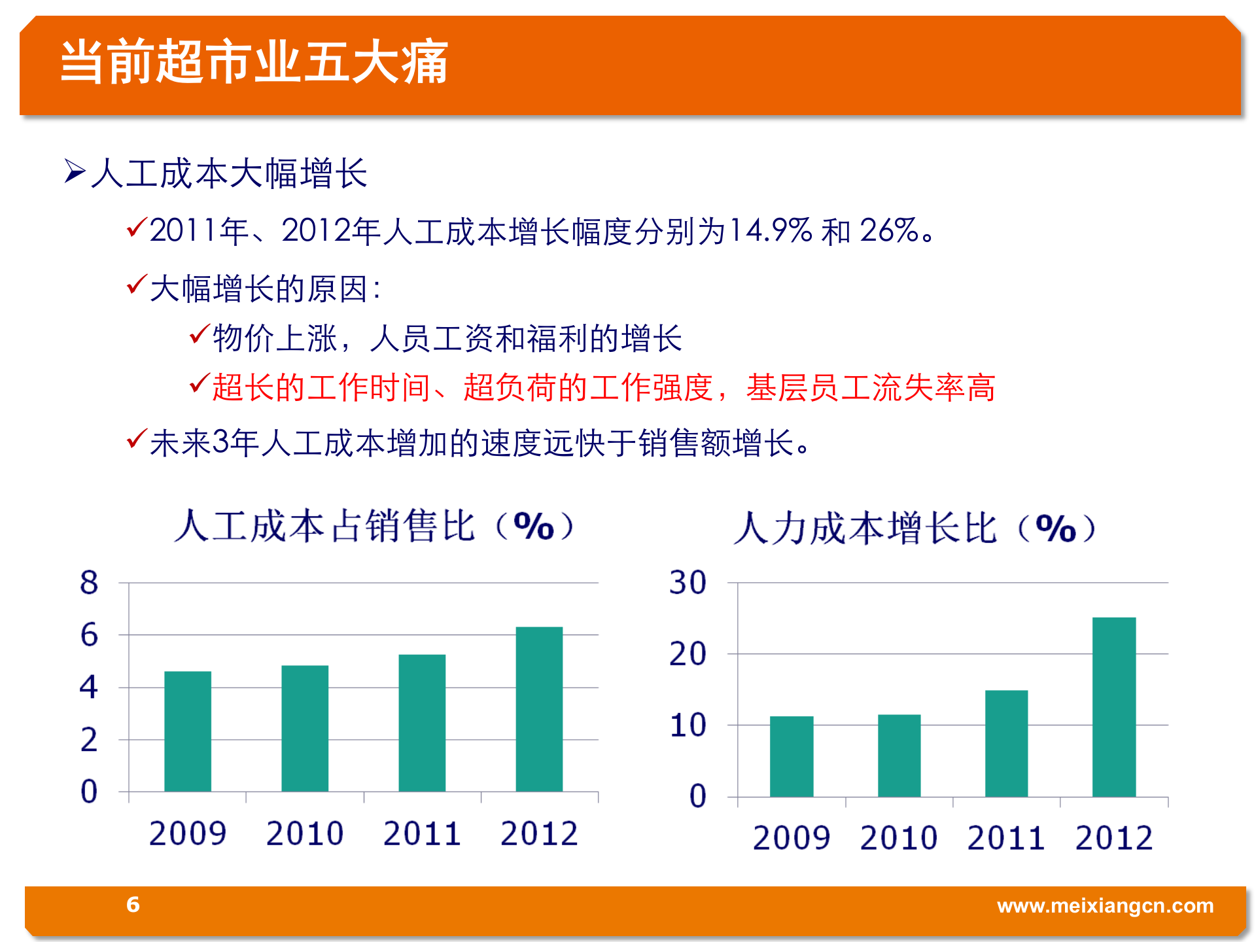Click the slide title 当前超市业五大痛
[x=254, y=62]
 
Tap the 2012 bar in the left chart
[x=539, y=710]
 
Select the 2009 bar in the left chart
[x=188, y=731]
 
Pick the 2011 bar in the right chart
[x=1006, y=743]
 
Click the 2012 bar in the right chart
[x=1114, y=706]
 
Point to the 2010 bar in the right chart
[x=899, y=756]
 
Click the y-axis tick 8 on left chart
[x=89, y=582]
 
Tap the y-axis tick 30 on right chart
[x=688, y=582]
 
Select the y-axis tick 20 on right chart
[x=688, y=654]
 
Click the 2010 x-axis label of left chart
[x=305, y=833]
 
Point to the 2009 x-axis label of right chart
[x=792, y=838]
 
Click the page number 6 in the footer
[x=133, y=905]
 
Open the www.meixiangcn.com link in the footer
[x=1105, y=906]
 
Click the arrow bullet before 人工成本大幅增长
[x=75, y=171]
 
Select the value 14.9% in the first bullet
[x=770, y=230]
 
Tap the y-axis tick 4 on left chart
[x=89, y=687]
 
